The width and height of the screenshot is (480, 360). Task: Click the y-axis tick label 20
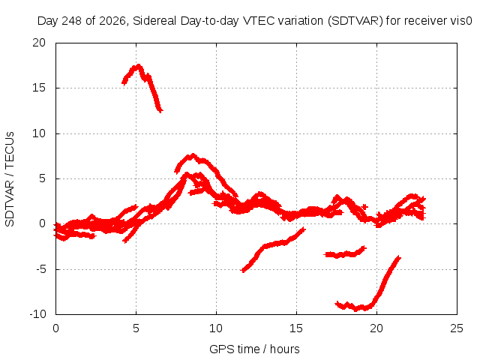(39, 43)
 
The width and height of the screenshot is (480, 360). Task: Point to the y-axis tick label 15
(39, 88)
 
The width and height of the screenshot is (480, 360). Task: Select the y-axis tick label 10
(39, 133)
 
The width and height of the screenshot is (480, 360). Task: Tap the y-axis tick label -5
(40, 270)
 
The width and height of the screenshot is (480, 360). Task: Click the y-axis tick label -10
(37, 314)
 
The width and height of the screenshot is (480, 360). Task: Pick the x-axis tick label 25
(457, 328)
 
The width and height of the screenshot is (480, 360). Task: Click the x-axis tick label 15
(296, 328)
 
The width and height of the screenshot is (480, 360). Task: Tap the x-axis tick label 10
(216, 328)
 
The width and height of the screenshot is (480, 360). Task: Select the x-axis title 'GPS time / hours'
(254, 349)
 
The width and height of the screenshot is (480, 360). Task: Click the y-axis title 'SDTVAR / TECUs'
(10, 179)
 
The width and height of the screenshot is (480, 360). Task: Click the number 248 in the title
(72, 21)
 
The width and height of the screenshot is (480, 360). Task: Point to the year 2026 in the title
(112, 21)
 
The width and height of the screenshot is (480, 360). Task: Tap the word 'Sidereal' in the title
(154, 21)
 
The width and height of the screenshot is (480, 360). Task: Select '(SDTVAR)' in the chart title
(355, 21)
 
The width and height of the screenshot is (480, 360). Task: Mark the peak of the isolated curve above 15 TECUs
(139, 65)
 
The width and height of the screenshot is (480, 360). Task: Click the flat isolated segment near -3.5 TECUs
(345, 254)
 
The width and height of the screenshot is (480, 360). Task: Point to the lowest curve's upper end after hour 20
(398, 257)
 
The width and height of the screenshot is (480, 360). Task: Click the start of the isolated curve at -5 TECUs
(243, 271)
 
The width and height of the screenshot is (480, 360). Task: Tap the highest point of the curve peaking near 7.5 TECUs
(193, 155)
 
